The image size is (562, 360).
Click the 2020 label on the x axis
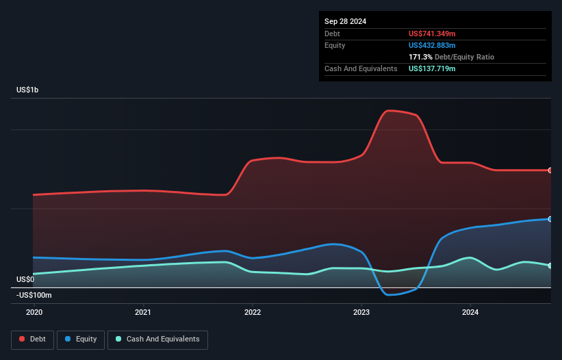coord(34,312)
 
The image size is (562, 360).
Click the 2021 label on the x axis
coord(143,312)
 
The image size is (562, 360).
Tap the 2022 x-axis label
coord(253,312)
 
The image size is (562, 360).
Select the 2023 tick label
coord(361,312)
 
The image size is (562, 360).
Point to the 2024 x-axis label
coord(470,312)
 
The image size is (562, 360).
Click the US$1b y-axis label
coord(27,90)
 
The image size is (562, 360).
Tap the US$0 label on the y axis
coord(25,279)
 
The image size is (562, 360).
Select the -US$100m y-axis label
coord(34,295)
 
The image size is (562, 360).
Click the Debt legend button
coord(33,340)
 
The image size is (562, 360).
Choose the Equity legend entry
coord(81,340)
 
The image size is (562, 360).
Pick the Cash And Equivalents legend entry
coord(157,340)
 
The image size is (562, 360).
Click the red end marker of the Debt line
coord(550,170)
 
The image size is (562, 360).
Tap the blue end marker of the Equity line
coord(550,219)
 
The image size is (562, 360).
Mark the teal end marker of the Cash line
coord(550,266)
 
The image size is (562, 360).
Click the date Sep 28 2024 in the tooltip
coord(345,21)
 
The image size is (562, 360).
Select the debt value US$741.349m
coord(432,34)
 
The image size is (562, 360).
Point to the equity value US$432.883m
coord(432,45)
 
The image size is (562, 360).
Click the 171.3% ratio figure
coord(420,57)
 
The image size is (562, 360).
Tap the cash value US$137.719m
coord(432,68)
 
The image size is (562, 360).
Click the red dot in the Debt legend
coord(22,339)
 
